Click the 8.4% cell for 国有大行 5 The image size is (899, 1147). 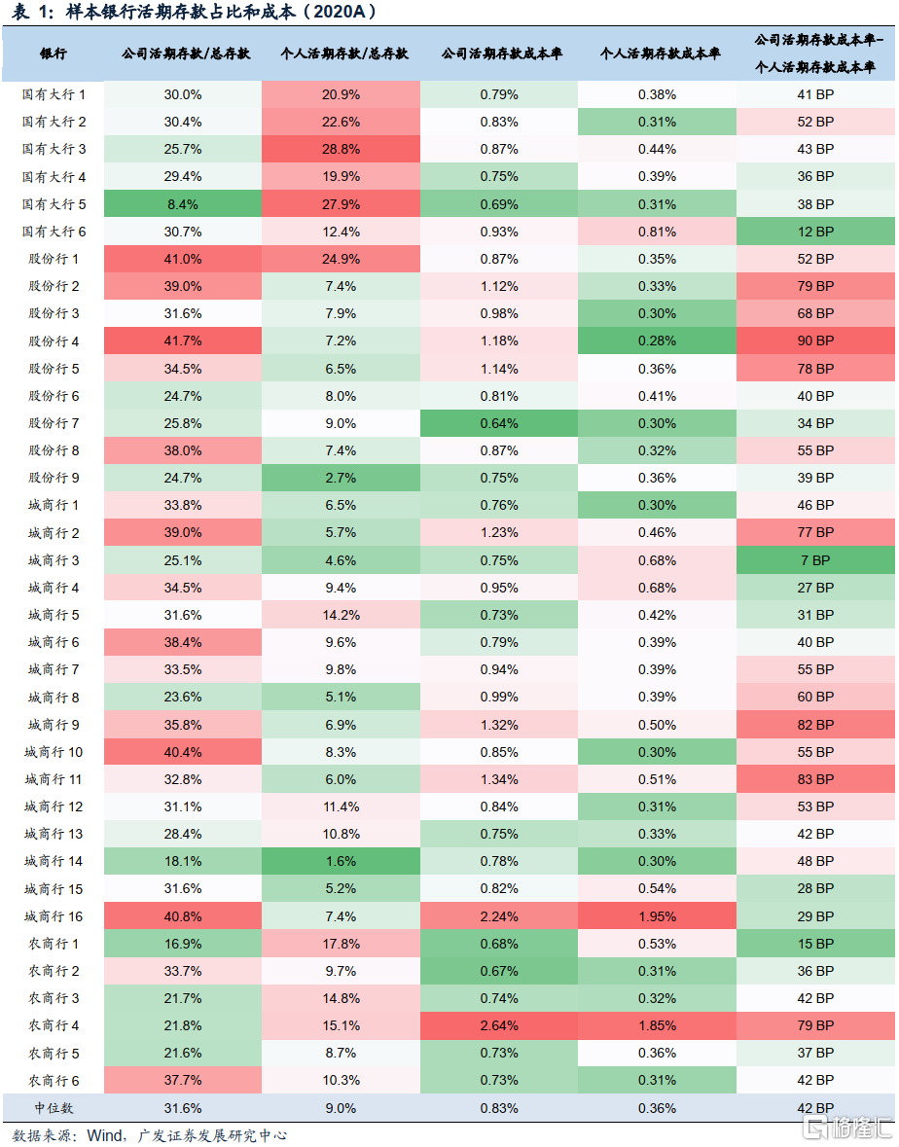point(182,204)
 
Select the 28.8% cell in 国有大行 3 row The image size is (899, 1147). point(341,149)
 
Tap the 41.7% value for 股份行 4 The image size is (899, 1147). point(182,341)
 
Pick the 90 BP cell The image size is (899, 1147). point(815,341)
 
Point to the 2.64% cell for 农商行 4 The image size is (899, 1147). point(498,1025)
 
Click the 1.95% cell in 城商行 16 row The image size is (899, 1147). point(657,916)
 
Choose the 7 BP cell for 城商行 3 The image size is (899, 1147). point(815,560)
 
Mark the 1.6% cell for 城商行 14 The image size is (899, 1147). point(341,861)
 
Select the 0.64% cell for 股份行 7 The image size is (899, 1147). point(498,423)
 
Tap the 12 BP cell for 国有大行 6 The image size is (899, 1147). point(815,232)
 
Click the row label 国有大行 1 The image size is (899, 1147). point(54,94)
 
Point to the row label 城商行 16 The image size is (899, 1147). point(54,916)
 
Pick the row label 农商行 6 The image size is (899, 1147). point(54,1080)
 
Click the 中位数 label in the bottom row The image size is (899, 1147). point(54,1108)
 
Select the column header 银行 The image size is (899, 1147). point(54,54)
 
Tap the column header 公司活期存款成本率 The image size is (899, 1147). point(498,54)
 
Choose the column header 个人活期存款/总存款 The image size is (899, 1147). point(341,54)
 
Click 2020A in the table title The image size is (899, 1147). point(342,12)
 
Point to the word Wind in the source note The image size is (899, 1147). point(105,1135)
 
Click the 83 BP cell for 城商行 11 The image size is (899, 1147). point(815,779)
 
